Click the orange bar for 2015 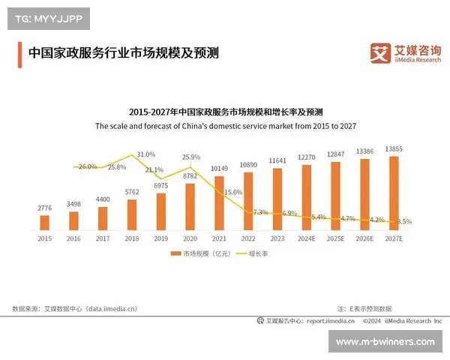pos(44,222)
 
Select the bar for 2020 pos(190,206)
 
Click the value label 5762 pos(131,193)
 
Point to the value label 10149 pos(219,168)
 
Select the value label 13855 pos(394,149)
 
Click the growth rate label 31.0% pos(145,154)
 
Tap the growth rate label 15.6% pos(233,193)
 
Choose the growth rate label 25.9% pos(191,157)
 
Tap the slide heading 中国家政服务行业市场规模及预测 pos(123,53)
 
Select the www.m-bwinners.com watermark pos(385,341)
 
